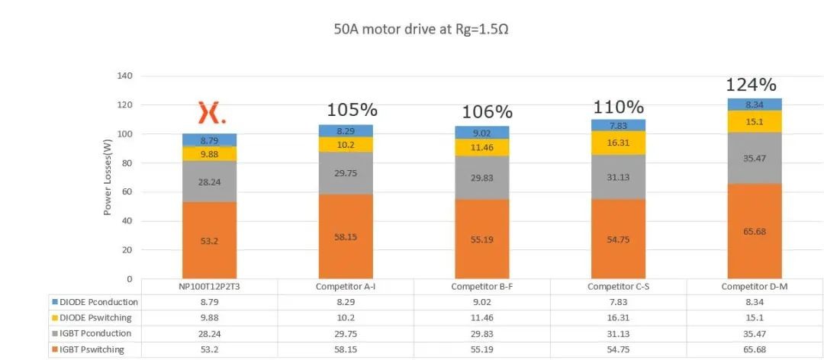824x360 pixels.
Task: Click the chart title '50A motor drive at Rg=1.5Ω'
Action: pyautogui.click(x=421, y=29)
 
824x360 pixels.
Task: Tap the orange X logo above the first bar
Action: pyautogui.click(x=212, y=113)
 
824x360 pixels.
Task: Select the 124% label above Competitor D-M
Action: pyautogui.click(x=751, y=85)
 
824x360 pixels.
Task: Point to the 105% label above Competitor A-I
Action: pyautogui.click(x=352, y=111)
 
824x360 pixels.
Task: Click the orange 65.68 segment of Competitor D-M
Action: pyautogui.click(x=755, y=231)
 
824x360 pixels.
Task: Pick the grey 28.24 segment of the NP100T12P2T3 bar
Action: pyautogui.click(x=209, y=182)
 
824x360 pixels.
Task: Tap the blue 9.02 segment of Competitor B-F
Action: pyautogui.click(x=482, y=133)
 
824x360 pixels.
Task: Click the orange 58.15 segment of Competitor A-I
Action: pyautogui.click(x=346, y=236)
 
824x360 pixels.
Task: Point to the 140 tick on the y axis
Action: pyautogui.click(x=124, y=76)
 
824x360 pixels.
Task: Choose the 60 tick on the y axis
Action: pyautogui.click(x=127, y=192)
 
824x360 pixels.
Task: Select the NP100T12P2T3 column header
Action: pyautogui.click(x=209, y=287)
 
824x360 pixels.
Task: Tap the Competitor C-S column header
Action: pyautogui.click(x=618, y=287)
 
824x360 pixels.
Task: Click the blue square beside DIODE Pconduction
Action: pyautogui.click(x=55, y=303)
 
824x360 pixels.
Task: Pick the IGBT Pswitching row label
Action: pyautogui.click(x=92, y=349)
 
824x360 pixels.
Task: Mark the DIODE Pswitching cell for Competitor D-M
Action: pyautogui.click(x=755, y=318)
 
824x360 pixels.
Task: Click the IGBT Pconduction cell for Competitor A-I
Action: pyautogui.click(x=346, y=334)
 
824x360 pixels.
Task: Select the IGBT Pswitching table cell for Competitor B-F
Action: pyautogui.click(x=482, y=349)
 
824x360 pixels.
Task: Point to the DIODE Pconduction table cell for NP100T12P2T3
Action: pyautogui.click(x=209, y=302)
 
